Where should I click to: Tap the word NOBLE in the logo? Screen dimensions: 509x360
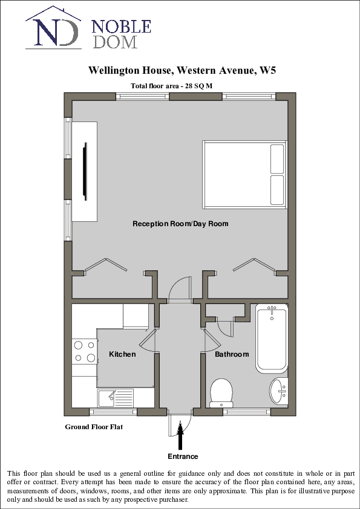pos(121,27)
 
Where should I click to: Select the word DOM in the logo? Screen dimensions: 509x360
pos(114,42)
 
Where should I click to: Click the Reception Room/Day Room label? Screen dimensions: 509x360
pos(180,224)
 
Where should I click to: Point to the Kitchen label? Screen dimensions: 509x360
pos(122,354)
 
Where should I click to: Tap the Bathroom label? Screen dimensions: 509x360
pos(232,354)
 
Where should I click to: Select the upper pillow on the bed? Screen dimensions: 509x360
pos(277,159)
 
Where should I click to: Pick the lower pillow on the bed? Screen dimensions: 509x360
pos(277,190)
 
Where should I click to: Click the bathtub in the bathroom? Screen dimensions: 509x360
pos(272,338)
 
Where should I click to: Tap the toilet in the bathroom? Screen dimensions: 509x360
pos(221,392)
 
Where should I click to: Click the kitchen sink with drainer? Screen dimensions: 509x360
pos(116,398)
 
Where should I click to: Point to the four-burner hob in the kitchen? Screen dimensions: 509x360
pos(85,351)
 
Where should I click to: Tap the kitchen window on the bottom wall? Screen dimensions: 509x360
pos(113,412)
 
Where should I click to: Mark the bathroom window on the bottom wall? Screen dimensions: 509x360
pos(246,412)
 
